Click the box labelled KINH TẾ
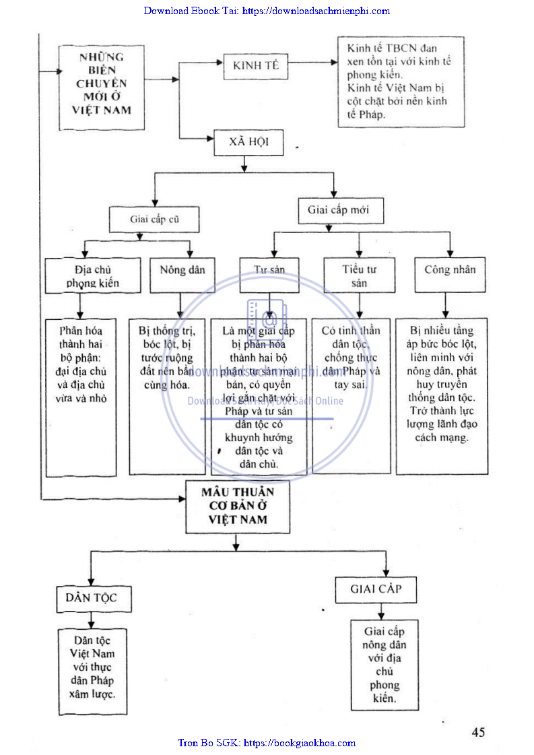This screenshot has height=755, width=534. click(x=256, y=66)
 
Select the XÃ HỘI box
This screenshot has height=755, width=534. click(x=247, y=143)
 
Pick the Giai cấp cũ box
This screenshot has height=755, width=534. click(x=155, y=219)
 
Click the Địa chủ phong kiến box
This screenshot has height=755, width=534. click(x=93, y=276)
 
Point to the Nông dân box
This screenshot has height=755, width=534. click(x=182, y=271)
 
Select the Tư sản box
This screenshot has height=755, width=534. click(x=269, y=271)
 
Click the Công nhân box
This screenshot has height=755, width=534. click(x=450, y=271)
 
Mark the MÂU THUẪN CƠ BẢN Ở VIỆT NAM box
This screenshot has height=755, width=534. click(x=238, y=506)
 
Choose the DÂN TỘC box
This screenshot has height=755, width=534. click(x=91, y=598)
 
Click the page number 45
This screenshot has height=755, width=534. click(x=478, y=732)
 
